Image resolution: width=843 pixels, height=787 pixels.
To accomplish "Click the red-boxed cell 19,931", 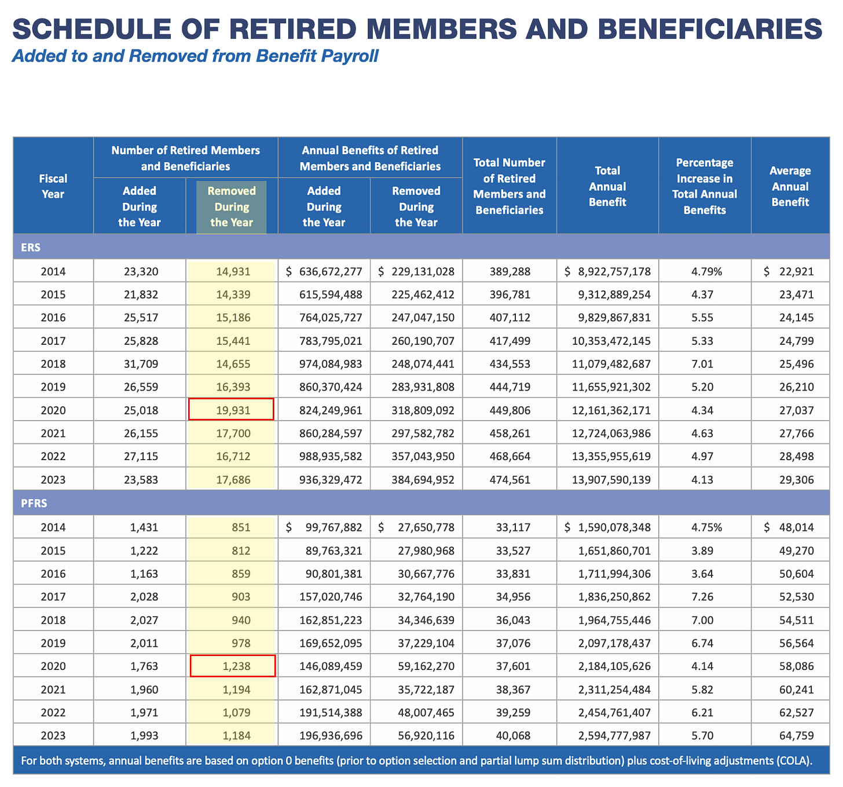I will click(232, 410).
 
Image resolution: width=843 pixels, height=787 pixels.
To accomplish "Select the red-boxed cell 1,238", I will click(233, 666).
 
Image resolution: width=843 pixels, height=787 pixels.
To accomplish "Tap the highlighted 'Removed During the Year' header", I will click(232, 207).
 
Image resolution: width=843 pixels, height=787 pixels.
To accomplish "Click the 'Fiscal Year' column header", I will click(53, 186).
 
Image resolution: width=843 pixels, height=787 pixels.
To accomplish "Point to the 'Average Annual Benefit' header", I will click(790, 186).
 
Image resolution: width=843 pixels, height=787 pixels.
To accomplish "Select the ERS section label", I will click(31, 247).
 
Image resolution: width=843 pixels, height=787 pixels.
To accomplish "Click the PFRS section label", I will click(34, 503).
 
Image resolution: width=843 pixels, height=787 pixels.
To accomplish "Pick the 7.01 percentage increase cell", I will click(702, 364).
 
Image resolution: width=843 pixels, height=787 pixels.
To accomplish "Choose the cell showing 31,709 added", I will click(140, 364).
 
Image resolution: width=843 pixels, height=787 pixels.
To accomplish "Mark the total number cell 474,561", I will click(510, 480).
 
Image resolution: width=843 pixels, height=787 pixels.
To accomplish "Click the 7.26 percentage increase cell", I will click(702, 597).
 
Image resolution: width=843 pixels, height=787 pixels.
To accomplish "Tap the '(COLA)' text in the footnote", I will click(793, 760).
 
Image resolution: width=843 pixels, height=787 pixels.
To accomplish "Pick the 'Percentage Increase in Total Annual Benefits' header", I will click(705, 186).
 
